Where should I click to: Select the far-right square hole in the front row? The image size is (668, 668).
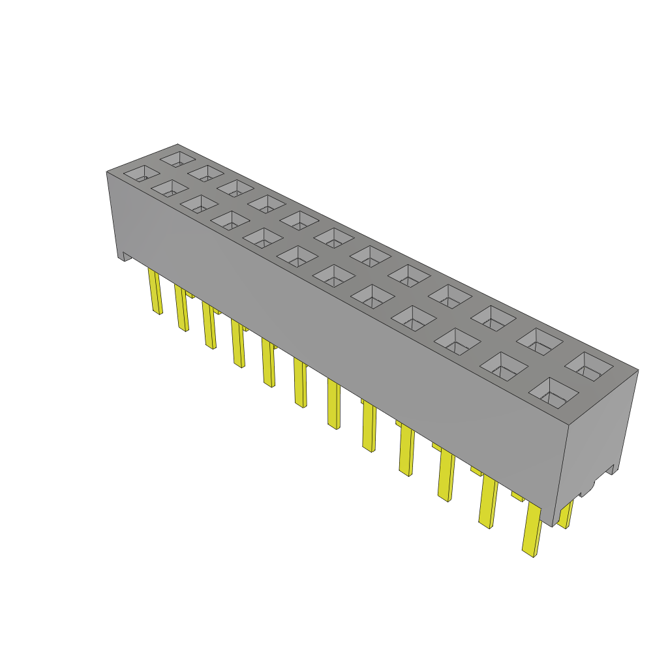pyautogui.click(x=554, y=393)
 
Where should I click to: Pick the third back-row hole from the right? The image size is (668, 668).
pyautogui.click(x=493, y=317)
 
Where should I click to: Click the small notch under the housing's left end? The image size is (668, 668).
pyautogui.click(x=124, y=257)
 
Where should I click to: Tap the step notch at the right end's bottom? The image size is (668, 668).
pyautogui.click(x=611, y=468)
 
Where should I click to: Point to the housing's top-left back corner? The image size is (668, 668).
pyautogui.click(x=177, y=145)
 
